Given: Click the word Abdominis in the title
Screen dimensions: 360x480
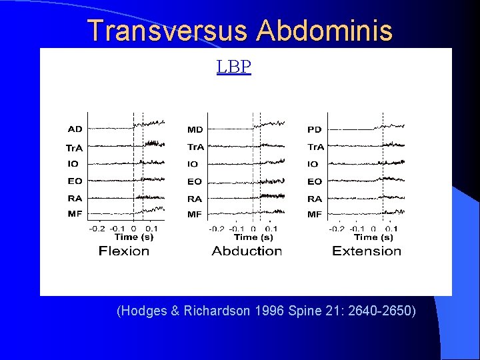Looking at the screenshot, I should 325,31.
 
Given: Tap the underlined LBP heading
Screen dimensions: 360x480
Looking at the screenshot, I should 234,67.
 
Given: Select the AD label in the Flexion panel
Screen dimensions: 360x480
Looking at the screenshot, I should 75,129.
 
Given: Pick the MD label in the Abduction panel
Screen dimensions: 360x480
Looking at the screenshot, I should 195,129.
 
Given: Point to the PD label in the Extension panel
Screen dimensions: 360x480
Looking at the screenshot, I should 315,129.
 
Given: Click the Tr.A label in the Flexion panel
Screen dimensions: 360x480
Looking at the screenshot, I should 75,147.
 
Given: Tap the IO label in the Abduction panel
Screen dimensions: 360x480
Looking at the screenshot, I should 193,164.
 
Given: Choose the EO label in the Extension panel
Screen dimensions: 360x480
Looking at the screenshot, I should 315,181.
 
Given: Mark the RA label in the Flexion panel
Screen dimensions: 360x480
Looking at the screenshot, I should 75,198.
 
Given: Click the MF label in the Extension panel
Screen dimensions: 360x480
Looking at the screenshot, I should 315,214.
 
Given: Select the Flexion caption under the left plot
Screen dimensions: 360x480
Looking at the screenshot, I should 124,251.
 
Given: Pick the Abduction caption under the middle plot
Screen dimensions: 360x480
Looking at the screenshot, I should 247,251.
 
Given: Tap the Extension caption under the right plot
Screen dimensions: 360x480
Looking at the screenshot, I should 367,251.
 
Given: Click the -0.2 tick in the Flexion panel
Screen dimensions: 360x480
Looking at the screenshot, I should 97,229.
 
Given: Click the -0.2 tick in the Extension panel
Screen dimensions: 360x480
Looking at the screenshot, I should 337,229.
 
